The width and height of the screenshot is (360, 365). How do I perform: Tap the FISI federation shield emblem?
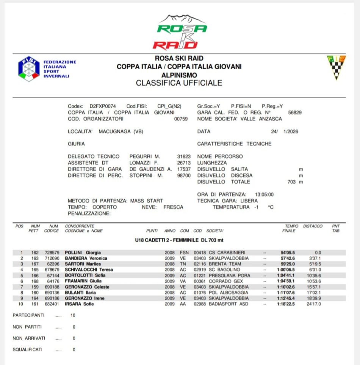tap(29, 69)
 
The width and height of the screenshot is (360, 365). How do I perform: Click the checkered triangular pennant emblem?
tap(336, 67)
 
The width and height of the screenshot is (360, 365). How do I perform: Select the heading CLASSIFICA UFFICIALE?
tap(179, 83)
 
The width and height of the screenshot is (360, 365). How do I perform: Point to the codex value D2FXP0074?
tap(103, 106)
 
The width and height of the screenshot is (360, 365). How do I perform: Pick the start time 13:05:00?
tap(264, 194)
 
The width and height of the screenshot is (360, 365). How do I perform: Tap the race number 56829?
tap(295, 112)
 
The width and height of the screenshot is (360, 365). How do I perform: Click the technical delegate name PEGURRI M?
tap(145, 156)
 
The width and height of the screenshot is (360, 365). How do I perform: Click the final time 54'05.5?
tap(288, 253)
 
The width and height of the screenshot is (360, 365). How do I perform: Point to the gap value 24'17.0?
tap(314, 304)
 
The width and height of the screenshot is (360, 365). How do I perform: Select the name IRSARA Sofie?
tap(79, 304)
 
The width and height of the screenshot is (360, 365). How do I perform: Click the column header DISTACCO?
tap(313, 226)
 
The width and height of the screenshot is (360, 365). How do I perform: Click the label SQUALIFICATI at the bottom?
tap(27, 349)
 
